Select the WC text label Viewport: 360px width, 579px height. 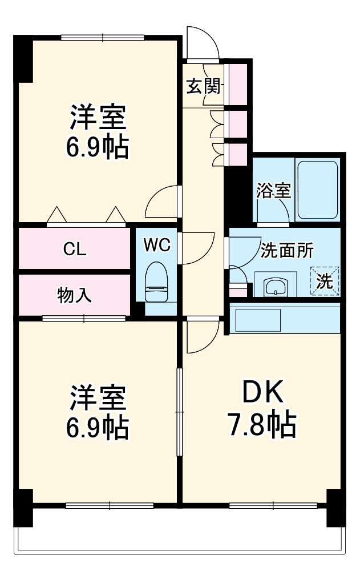pyautogui.click(x=157, y=245)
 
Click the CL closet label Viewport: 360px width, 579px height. pyautogui.click(x=75, y=249)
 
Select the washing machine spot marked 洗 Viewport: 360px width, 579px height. pyautogui.click(x=324, y=280)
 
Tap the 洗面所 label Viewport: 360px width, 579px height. pyautogui.click(x=288, y=250)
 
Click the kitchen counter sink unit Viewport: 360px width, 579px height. pyautogui.click(x=260, y=320)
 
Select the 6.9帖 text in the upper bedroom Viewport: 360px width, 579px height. pyautogui.click(x=97, y=147)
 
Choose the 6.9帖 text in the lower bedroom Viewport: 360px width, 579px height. pyautogui.click(x=97, y=427)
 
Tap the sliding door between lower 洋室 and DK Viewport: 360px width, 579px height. pyautogui.click(x=180, y=412)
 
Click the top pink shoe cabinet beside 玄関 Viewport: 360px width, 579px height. pyautogui.click(x=238, y=76)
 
